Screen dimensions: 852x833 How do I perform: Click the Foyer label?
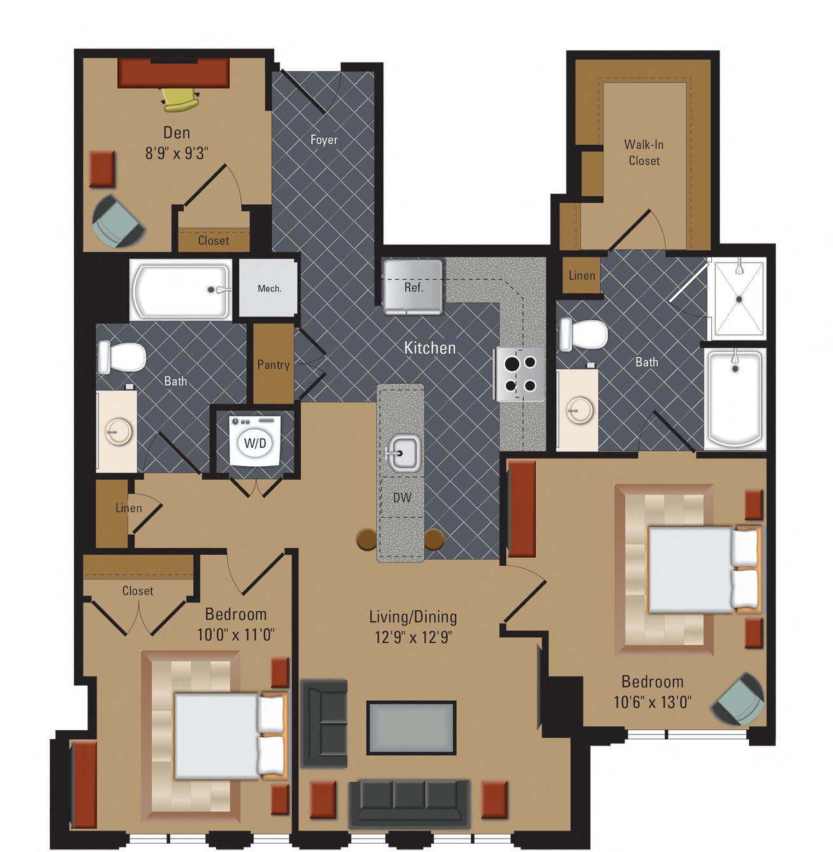pyautogui.click(x=324, y=140)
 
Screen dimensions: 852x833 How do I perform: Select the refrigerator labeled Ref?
pyautogui.click(x=413, y=287)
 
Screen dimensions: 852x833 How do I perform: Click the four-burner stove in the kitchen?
pyautogui.click(x=520, y=374)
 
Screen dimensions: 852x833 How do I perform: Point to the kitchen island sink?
pyautogui.click(x=403, y=453)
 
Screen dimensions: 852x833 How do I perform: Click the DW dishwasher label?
pyautogui.click(x=402, y=497)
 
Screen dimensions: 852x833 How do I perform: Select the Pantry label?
pyautogui.click(x=274, y=365)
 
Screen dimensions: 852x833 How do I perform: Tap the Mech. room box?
pyautogui.click(x=269, y=288)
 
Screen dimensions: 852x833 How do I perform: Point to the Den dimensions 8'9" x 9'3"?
pyautogui.click(x=177, y=153)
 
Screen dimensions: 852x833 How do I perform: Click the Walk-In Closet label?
pyautogui.click(x=644, y=153)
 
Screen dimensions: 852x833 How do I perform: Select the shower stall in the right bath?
pyautogui.click(x=739, y=298)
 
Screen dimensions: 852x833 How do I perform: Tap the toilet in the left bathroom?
pyautogui.click(x=121, y=357)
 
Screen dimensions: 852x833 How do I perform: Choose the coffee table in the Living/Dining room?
pyautogui.click(x=411, y=728)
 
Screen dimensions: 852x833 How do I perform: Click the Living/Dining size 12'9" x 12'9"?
pyautogui.click(x=413, y=637)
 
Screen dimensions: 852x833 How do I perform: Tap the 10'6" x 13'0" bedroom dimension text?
pyautogui.click(x=652, y=702)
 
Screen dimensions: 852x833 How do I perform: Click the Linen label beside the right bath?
pyautogui.click(x=582, y=275)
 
